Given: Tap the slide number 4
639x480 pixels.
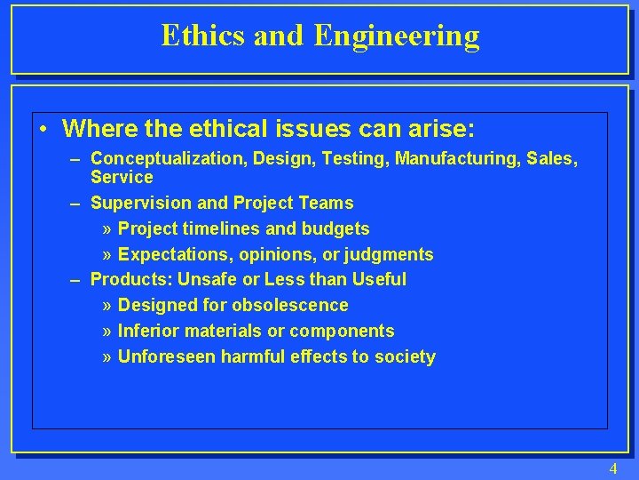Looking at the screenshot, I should point(612,468).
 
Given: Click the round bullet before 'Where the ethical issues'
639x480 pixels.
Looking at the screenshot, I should point(44,130).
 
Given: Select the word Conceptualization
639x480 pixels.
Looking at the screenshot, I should point(169,159).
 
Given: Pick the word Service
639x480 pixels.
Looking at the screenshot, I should point(122,177).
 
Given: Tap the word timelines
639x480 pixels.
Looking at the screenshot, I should point(210,229).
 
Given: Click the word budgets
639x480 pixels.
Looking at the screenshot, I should point(337,229).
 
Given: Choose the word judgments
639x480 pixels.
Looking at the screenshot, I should point(390,255).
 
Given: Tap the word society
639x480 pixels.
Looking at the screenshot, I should point(405,357).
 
